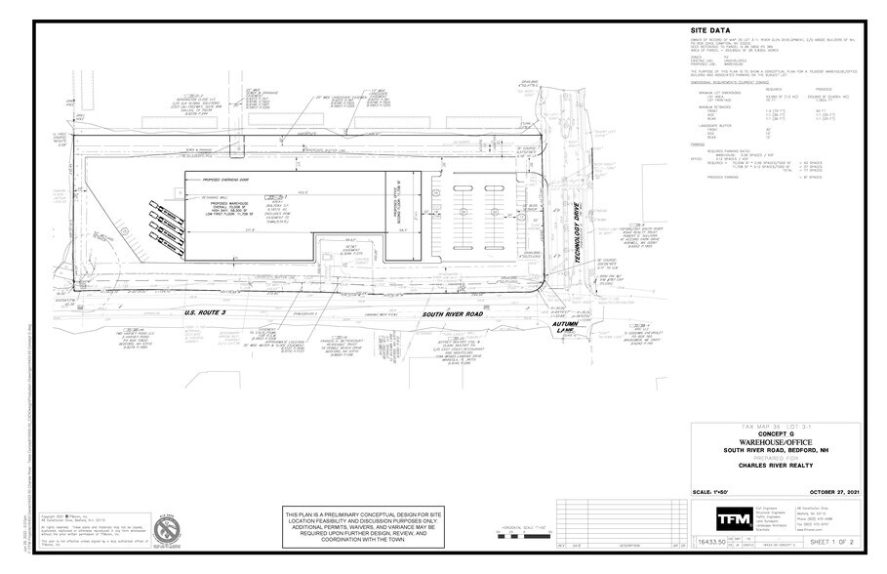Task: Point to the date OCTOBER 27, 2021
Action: (x=827, y=491)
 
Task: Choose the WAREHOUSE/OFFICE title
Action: (x=777, y=441)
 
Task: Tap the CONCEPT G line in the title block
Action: (x=777, y=433)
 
